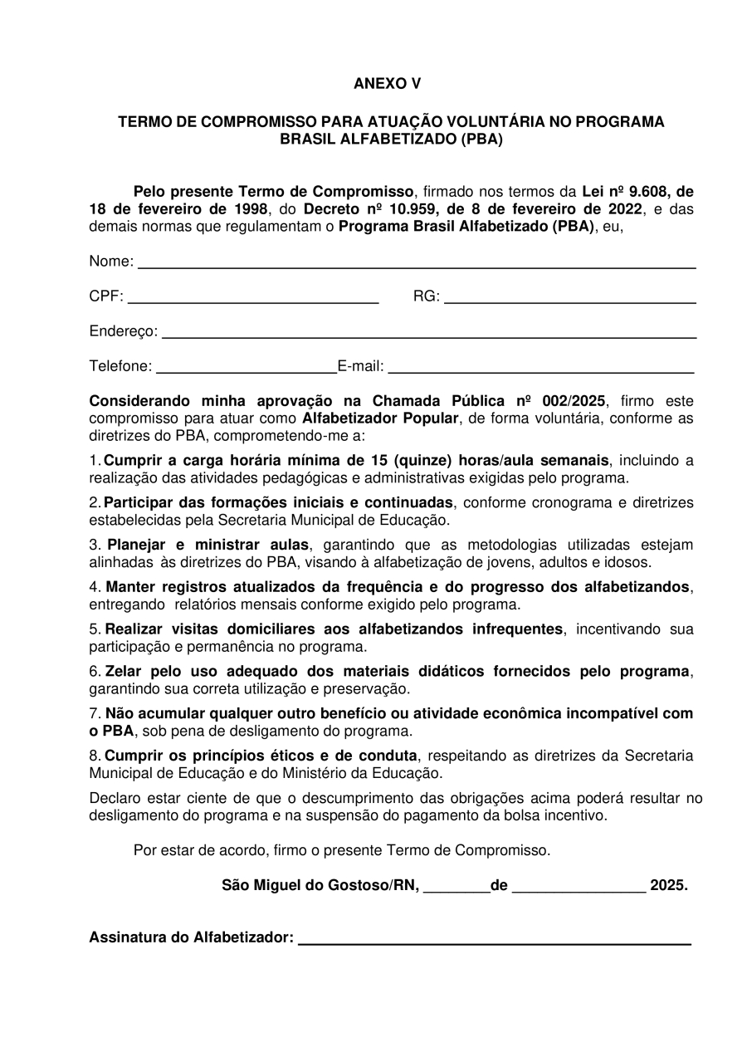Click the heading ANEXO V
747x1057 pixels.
click(x=387, y=84)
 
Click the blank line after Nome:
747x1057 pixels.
click(x=416, y=264)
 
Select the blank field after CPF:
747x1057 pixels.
click(x=253, y=299)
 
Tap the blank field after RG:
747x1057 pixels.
click(x=569, y=299)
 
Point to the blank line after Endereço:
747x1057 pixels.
click(x=428, y=334)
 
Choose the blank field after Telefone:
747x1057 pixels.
click(x=246, y=369)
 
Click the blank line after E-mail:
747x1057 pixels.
click(x=540, y=369)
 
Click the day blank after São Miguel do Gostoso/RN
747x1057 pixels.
click(x=456, y=888)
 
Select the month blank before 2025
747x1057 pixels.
click(x=579, y=888)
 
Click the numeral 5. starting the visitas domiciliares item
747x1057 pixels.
click(x=95, y=629)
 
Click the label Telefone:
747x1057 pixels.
click(x=120, y=366)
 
